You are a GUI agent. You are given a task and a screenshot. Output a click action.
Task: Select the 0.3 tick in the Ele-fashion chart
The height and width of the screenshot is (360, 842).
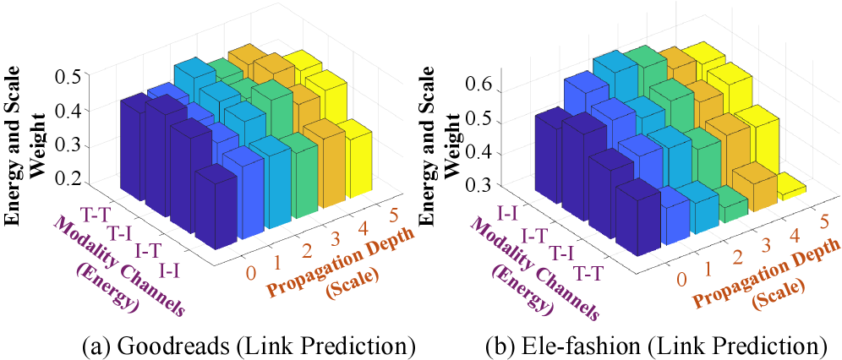[x=485, y=184]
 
